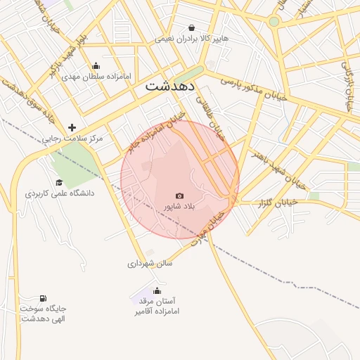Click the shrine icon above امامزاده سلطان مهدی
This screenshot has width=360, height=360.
point(96,66)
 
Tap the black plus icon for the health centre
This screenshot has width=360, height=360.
point(72,127)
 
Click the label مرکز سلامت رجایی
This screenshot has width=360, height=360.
point(72,139)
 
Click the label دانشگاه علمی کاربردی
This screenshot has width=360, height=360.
point(60,193)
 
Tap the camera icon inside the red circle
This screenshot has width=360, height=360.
point(179,196)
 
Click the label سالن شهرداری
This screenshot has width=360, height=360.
point(150,264)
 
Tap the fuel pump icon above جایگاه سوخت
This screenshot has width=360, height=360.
point(44,298)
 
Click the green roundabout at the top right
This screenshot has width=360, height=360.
point(274,22)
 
